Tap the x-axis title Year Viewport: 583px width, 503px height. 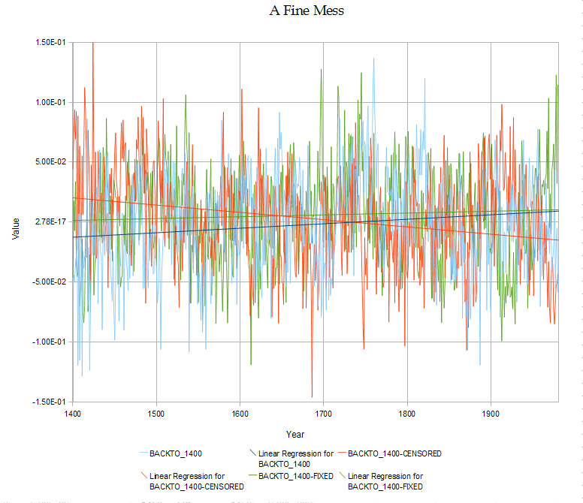point(295,434)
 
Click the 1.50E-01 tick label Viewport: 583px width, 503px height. point(52,43)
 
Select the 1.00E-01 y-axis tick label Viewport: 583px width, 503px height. point(52,102)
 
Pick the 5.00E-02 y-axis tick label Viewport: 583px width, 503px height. point(52,162)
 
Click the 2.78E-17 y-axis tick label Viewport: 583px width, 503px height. point(52,222)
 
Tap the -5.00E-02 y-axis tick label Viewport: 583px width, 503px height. point(50,282)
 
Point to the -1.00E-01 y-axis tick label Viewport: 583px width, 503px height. point(50,342)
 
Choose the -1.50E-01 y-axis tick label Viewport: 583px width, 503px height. point(50,402)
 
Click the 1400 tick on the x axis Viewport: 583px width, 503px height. point(73,413)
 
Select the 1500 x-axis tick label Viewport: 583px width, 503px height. point(156,413)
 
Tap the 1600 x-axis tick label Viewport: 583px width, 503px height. point(240,413)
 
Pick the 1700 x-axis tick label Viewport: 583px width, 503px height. point(323,413)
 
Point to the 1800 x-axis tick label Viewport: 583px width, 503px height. point(406,413)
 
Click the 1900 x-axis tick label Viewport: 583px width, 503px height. point(490,413)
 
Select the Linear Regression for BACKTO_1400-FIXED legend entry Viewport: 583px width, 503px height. point(385,481)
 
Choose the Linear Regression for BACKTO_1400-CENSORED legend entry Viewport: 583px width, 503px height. point(196,481)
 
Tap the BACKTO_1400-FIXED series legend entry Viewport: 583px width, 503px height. point(295,476)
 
